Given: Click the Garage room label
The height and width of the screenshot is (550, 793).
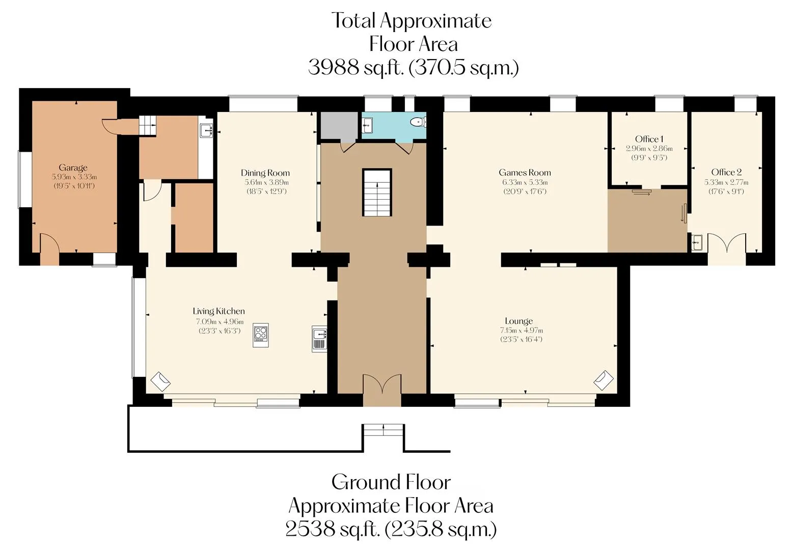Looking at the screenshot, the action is point(73,168).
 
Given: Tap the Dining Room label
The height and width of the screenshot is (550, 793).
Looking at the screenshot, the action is point(265,173).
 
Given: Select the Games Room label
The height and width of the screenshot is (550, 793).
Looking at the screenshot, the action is point(525,173).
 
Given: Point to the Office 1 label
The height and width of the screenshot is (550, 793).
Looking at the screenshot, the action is point(649,139).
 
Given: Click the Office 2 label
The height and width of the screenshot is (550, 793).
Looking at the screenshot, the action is point(726,172).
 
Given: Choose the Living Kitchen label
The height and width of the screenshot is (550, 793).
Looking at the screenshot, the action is point(219,311).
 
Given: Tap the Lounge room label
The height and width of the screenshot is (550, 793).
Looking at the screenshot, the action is point(519,321).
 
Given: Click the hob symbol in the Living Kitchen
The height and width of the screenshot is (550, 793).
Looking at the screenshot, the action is point(261,335).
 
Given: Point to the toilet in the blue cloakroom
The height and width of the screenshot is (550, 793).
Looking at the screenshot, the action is point(419,122).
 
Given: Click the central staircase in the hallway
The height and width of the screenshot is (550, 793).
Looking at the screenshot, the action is point(377,192).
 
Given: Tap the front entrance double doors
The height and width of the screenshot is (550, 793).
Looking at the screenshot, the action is point(382,383).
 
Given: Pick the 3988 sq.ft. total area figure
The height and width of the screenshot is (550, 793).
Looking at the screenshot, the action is point(356,67).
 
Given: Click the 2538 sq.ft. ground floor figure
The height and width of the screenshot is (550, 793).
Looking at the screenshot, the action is point(333,530).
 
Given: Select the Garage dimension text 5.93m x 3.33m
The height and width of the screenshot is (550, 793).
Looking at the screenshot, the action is point(74,177).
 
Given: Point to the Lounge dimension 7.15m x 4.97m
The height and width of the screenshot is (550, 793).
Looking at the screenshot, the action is point(521,330).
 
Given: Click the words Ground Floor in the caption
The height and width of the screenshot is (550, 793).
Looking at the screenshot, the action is point(391,482).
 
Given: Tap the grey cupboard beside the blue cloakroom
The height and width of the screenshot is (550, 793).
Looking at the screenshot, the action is point(339,126).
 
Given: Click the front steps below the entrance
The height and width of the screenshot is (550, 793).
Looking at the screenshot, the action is point(384,430).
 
